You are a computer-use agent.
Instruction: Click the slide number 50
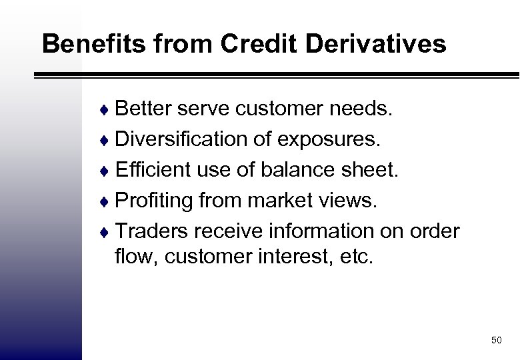click(495, 341)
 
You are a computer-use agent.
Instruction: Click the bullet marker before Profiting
click(108, 201)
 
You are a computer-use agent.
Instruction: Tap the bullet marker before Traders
click(108, 231)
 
